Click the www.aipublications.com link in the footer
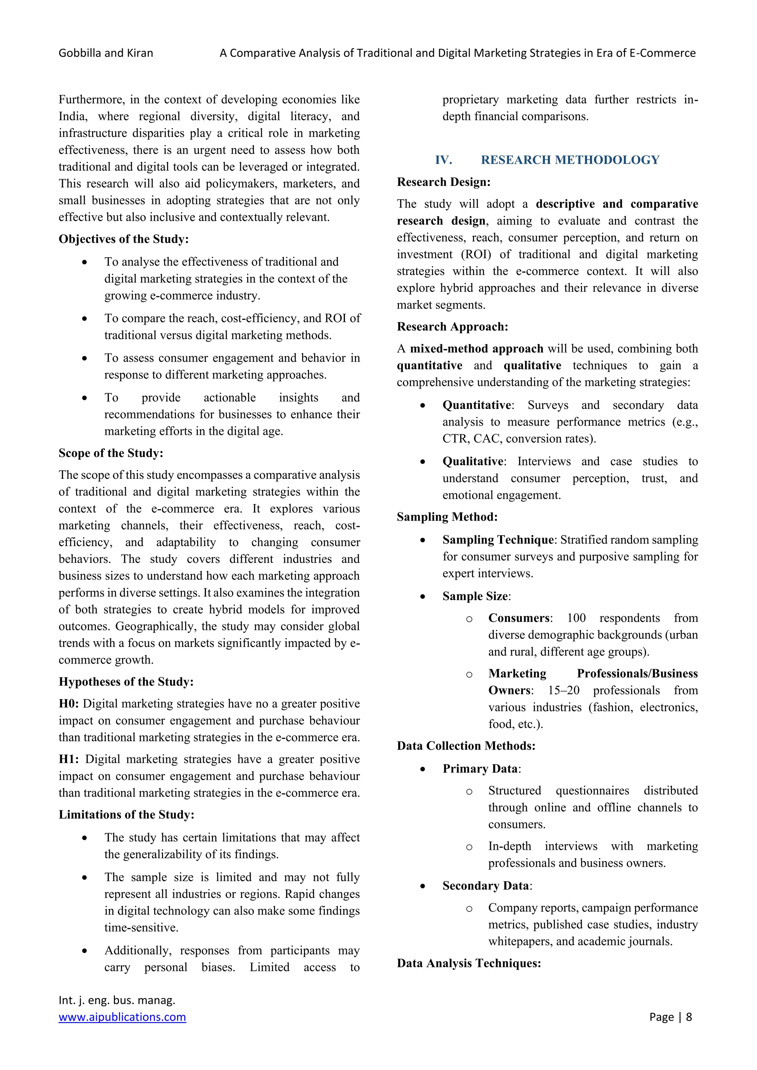point(122,1017)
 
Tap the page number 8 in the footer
point(689,1017)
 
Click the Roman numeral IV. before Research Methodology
point(443,160)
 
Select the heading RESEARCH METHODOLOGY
point(570,160)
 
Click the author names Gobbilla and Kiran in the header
point(106,53)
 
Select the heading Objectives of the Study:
point(123,239)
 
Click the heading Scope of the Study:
point(111,453)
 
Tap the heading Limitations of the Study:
point(126,815)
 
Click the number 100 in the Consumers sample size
point(576,618)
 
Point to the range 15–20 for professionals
point(564,690)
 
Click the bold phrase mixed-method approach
point(476,348)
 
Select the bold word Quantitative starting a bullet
point(477,405)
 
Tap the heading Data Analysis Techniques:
point(469,963)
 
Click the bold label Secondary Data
point(486,886)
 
